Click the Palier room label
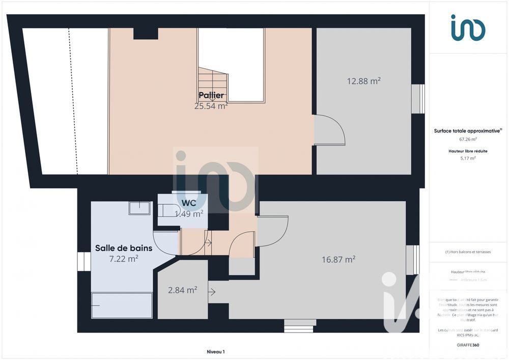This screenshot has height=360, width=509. pyautogui.click(x=211, y=96)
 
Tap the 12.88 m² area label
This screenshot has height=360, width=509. pyautogui.click(x=364, y=81)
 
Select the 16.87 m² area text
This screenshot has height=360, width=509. pyautogui.click(x=338, y=259)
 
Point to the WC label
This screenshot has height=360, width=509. pyautogui.click(x=189, y=203)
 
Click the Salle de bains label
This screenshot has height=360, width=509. pyautogui.click(x=124, y=248)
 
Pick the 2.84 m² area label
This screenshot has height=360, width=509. pyautogui.click(x=183, y=290)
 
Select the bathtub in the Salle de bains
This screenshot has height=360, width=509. pyautogui.click(x=122, y=305)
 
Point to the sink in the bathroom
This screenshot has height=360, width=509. pyautogui.click(x=139, y=208)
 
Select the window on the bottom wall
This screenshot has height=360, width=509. pyautogui.click(x=299, y=326)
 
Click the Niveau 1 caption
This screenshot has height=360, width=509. pyautogui.click(x=215, y=351)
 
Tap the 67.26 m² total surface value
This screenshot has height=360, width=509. pyautogui.click(x=468, y=139)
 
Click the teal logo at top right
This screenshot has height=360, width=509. pyautogui.click(x=468, y=27)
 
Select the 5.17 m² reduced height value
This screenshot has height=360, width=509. pyautogui.click(x=468, y=158)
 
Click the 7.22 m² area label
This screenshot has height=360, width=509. pyautogui.click(x=124, y=259)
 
